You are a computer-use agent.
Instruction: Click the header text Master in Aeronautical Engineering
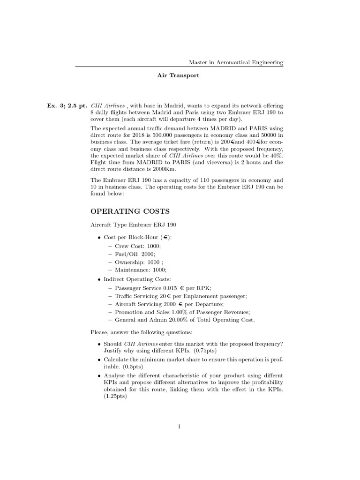click(235, 62)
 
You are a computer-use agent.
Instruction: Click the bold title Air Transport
click(178, 75)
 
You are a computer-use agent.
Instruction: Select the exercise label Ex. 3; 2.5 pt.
click(67, 106)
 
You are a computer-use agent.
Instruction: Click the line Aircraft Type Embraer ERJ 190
click(133, 225)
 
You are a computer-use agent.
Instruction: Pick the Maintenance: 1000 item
click(141, 270)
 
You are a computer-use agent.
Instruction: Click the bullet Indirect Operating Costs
click(136, 279)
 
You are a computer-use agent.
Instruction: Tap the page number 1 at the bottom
click(179, 427)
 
